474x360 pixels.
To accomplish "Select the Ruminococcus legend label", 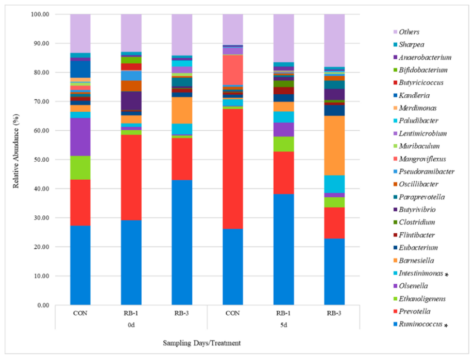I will pos(422,324).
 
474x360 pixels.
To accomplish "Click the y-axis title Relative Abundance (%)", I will pos(16,160).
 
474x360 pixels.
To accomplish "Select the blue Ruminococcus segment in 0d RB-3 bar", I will pos(182,242).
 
